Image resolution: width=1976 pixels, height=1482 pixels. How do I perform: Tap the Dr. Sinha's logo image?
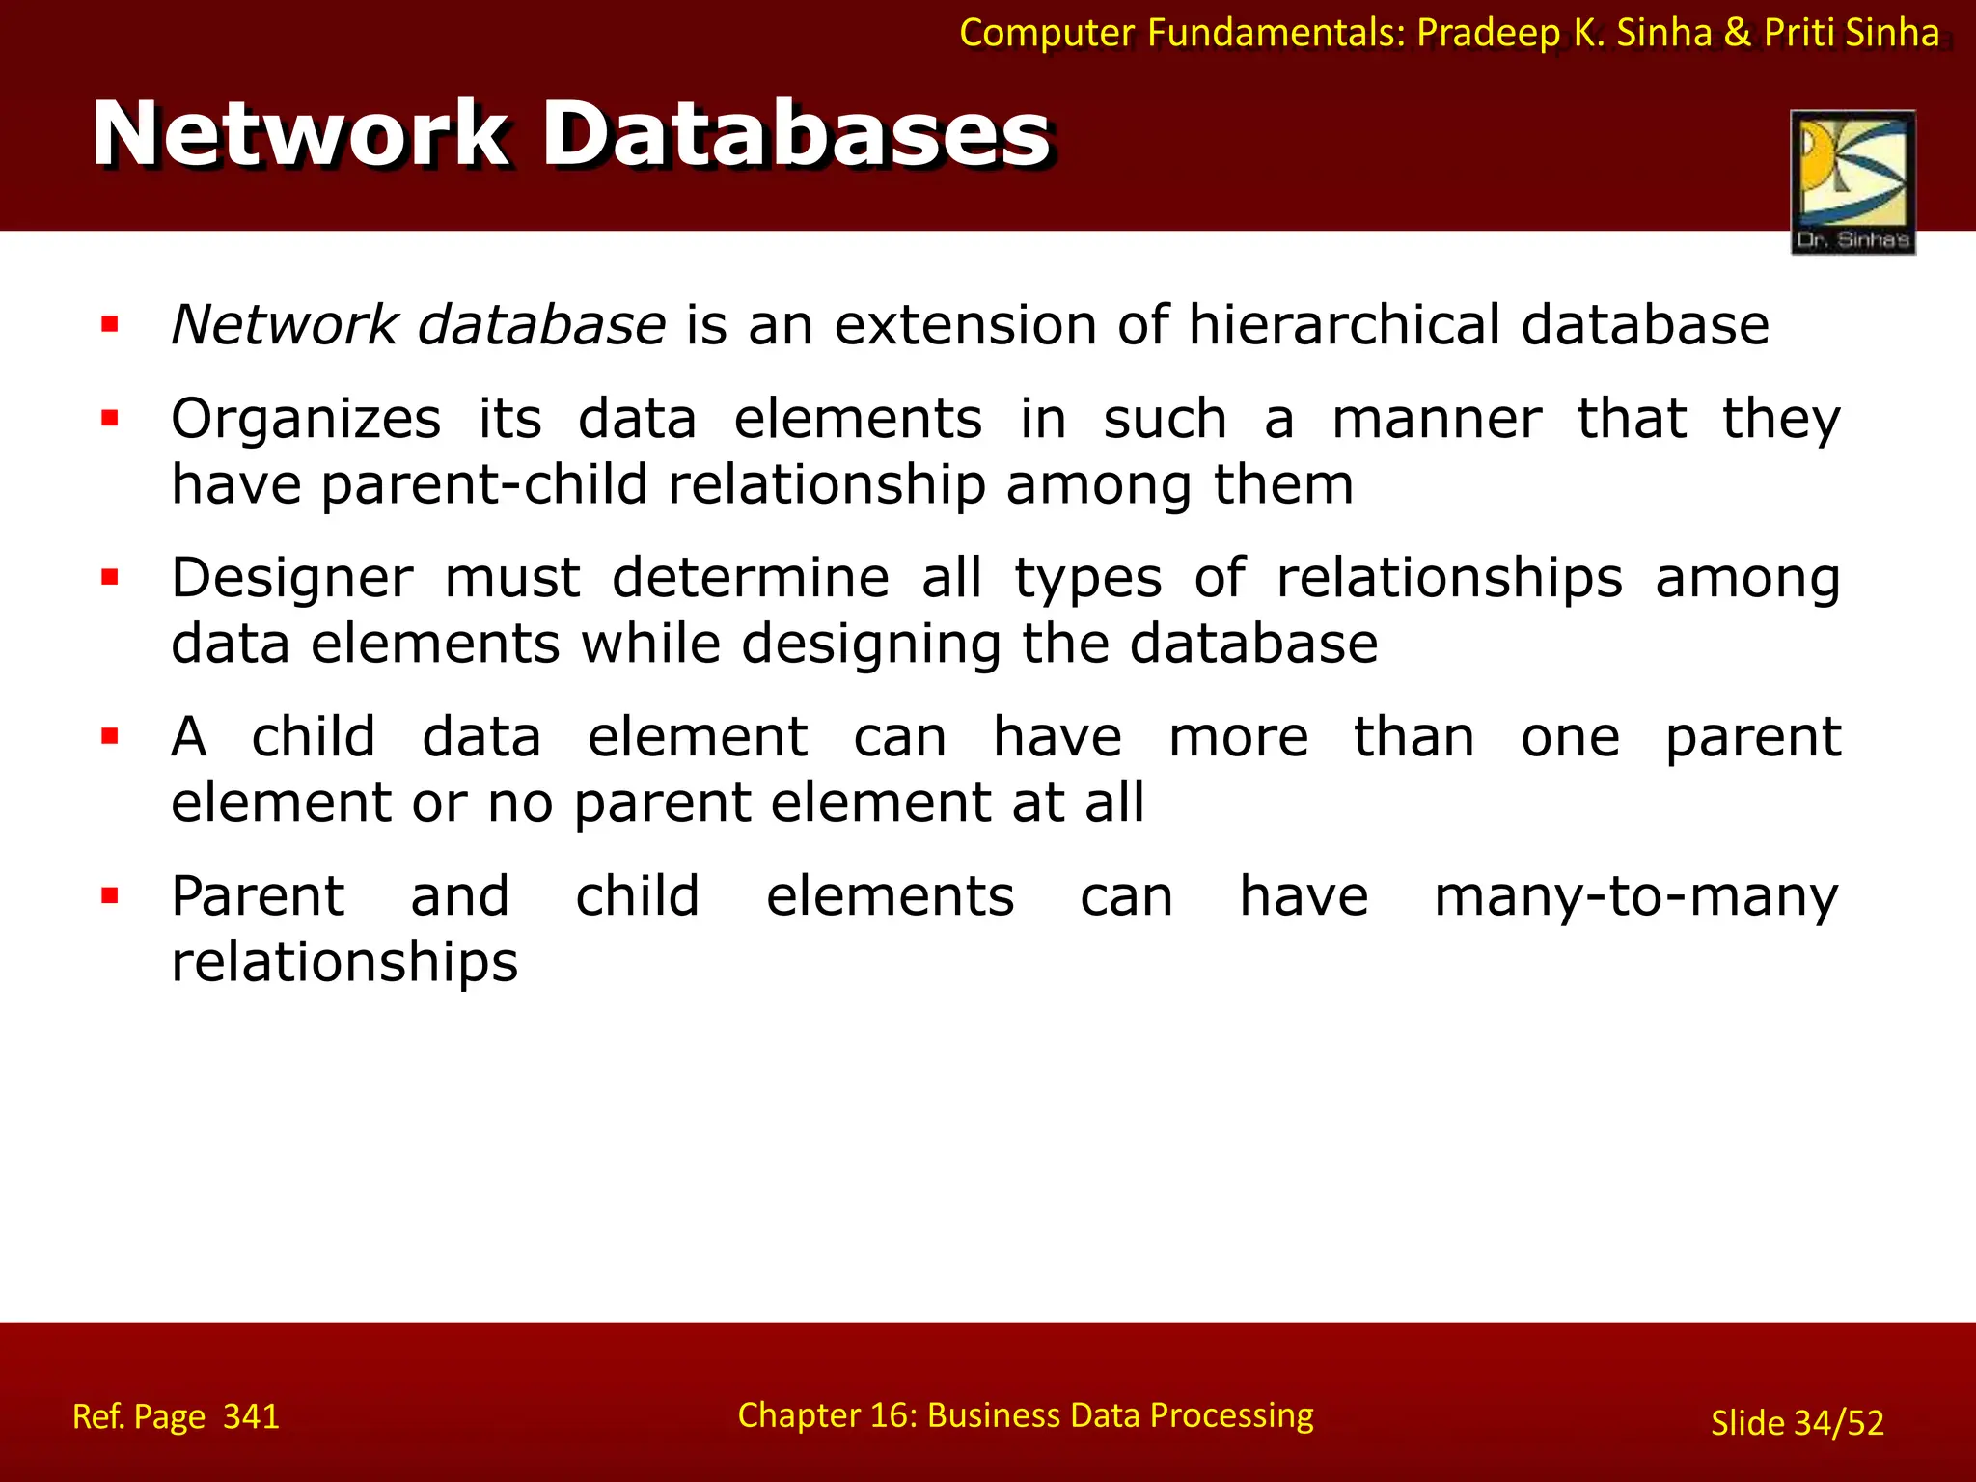pyautogui.click(x=1852, y=181)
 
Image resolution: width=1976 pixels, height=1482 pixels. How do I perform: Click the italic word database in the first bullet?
pyautogui.click(x=541, y=325)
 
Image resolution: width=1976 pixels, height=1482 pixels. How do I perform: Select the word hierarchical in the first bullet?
pyautogui.click(x=1344, y=325)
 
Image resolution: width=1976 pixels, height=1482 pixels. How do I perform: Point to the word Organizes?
pyautogui.click(x=306, y=421)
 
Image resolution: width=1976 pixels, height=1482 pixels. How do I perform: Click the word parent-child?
pyautogui.click(x=484, y=484)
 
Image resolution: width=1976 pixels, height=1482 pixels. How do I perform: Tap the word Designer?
pyautogui.click(x=292, y=579)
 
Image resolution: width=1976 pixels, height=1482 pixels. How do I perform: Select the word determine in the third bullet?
pyautogui.click(x=751, y=579)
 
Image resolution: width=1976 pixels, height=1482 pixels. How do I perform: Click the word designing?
pyautogui.click(x=870, y=645)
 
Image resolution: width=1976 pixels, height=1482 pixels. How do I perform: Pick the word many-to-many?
pyautogui.click(x=1636, y=897)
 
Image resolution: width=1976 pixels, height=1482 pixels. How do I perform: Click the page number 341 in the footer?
pyautogui.click(x=251, y=1416)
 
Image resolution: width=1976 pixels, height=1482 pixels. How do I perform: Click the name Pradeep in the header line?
pyautogui.click(x=1488, y=34)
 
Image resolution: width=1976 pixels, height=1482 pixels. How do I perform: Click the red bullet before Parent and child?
pyautogui.click(x=110, y=896)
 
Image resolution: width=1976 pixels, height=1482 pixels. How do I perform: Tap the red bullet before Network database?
pyautogui.click(x=110, y=324)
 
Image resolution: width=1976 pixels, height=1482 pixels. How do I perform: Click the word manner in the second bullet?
pyautogui.click(x=1437, y=421)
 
